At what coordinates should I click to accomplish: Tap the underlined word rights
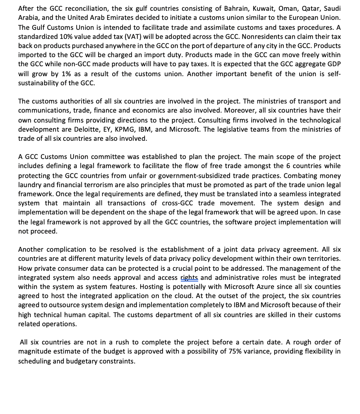point(189,277)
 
